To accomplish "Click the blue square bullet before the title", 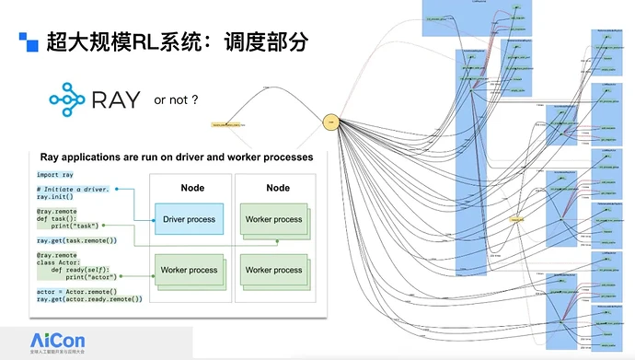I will point(29,41).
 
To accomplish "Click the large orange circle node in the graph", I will point(331,120).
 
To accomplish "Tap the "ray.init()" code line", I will point(57,196).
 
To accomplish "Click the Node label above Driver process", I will point(192,188).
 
